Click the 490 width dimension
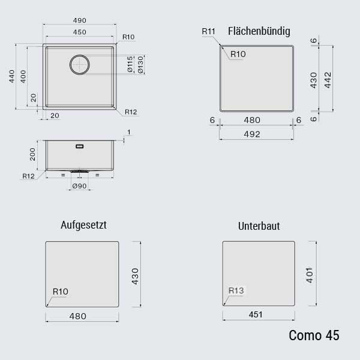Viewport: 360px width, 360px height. point(80,20)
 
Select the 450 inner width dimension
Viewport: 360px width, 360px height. point(80,32)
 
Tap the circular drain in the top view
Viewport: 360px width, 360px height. point(80,65)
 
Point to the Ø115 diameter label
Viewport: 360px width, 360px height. point(130,65)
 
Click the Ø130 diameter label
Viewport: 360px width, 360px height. point(140,65)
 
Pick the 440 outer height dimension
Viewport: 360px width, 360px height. point(12,76)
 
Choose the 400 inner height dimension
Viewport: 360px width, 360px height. point(23,76)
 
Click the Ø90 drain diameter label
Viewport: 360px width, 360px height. point(79,186)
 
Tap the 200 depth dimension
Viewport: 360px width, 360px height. point(32,154)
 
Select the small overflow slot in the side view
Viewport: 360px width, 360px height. point(80,146)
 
